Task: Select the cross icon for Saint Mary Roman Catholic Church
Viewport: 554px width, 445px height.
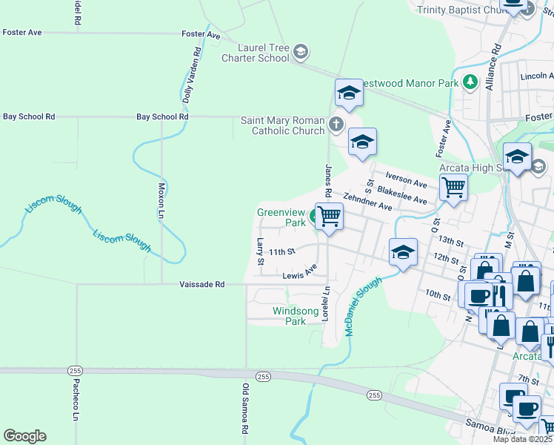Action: [336, 124]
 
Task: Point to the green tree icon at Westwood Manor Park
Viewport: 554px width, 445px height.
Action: [469, 82]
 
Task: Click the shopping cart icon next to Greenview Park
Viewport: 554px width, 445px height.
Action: [329, 217]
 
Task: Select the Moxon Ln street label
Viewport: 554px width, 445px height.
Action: [161, 201]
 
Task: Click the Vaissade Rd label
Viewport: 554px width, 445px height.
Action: [201, 284]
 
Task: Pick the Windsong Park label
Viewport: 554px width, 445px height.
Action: [290, 316]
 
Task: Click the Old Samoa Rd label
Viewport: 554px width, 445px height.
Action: [245, 409]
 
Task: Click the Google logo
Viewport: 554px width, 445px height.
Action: [24, 435]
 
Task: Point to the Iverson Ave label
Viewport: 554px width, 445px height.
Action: [406, 177]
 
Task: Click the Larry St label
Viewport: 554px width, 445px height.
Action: [260, 251]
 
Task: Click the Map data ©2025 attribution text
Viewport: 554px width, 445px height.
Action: [522, 439]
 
